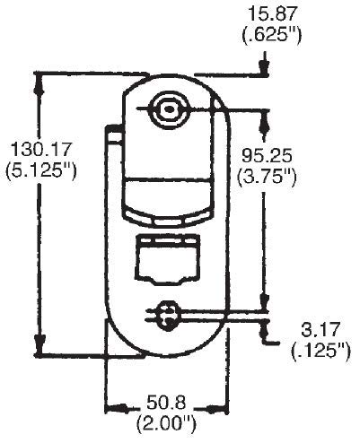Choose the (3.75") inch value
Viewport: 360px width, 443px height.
coord(267,176)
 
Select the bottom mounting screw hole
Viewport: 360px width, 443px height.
coord(165,314)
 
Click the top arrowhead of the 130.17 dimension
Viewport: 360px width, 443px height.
coord(39,81)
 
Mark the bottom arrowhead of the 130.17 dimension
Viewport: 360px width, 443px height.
coord(39,351)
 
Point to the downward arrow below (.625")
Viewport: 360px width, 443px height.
coord(262,68)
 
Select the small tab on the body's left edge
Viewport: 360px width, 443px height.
coord(115,136)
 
